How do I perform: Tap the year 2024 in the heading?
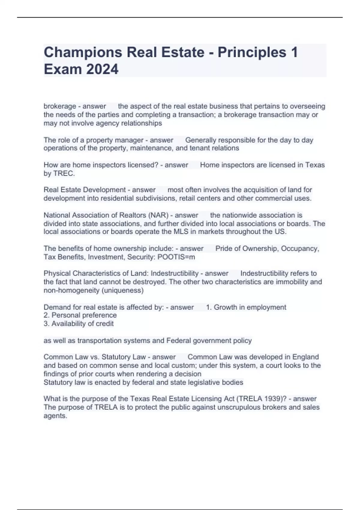click(102, 69)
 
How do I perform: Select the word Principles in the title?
click(252, 52)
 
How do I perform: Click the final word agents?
click(55, 416)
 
